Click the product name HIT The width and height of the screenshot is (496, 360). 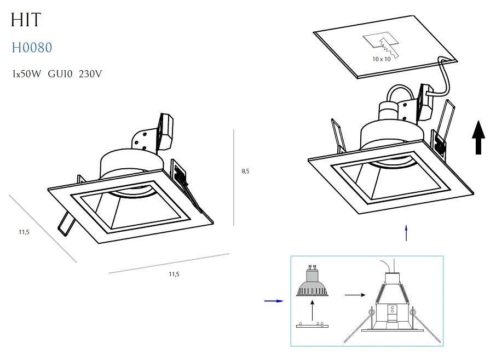click(x=26, y=20)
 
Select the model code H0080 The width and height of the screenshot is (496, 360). click(x=32, y=48)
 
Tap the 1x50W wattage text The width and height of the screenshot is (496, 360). click(x=27, y=74)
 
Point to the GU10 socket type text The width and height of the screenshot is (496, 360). click(x=60, y=74)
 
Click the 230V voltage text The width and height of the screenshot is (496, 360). click(x=90, y=74)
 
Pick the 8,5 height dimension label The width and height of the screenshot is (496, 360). click(x=245, y=172)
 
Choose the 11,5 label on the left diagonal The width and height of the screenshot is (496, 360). click(x=24, y=232)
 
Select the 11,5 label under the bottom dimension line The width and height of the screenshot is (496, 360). click(x=174, y=274)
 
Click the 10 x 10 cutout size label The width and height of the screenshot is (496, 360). click(x=382, y=59)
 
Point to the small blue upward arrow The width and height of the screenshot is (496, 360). click(x=406, y=233)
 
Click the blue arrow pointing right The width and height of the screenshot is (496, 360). click(x=274, y=301)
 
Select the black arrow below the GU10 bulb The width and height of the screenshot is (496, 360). click(x=312, y=311)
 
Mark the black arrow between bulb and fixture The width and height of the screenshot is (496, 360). click(x=355, y=295)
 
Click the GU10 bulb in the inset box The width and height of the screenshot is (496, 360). click(x=313, y=281)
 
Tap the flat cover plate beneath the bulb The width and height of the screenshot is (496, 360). click(x=312, y=325)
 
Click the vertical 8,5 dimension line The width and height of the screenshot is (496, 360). click(x=234, y=178)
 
